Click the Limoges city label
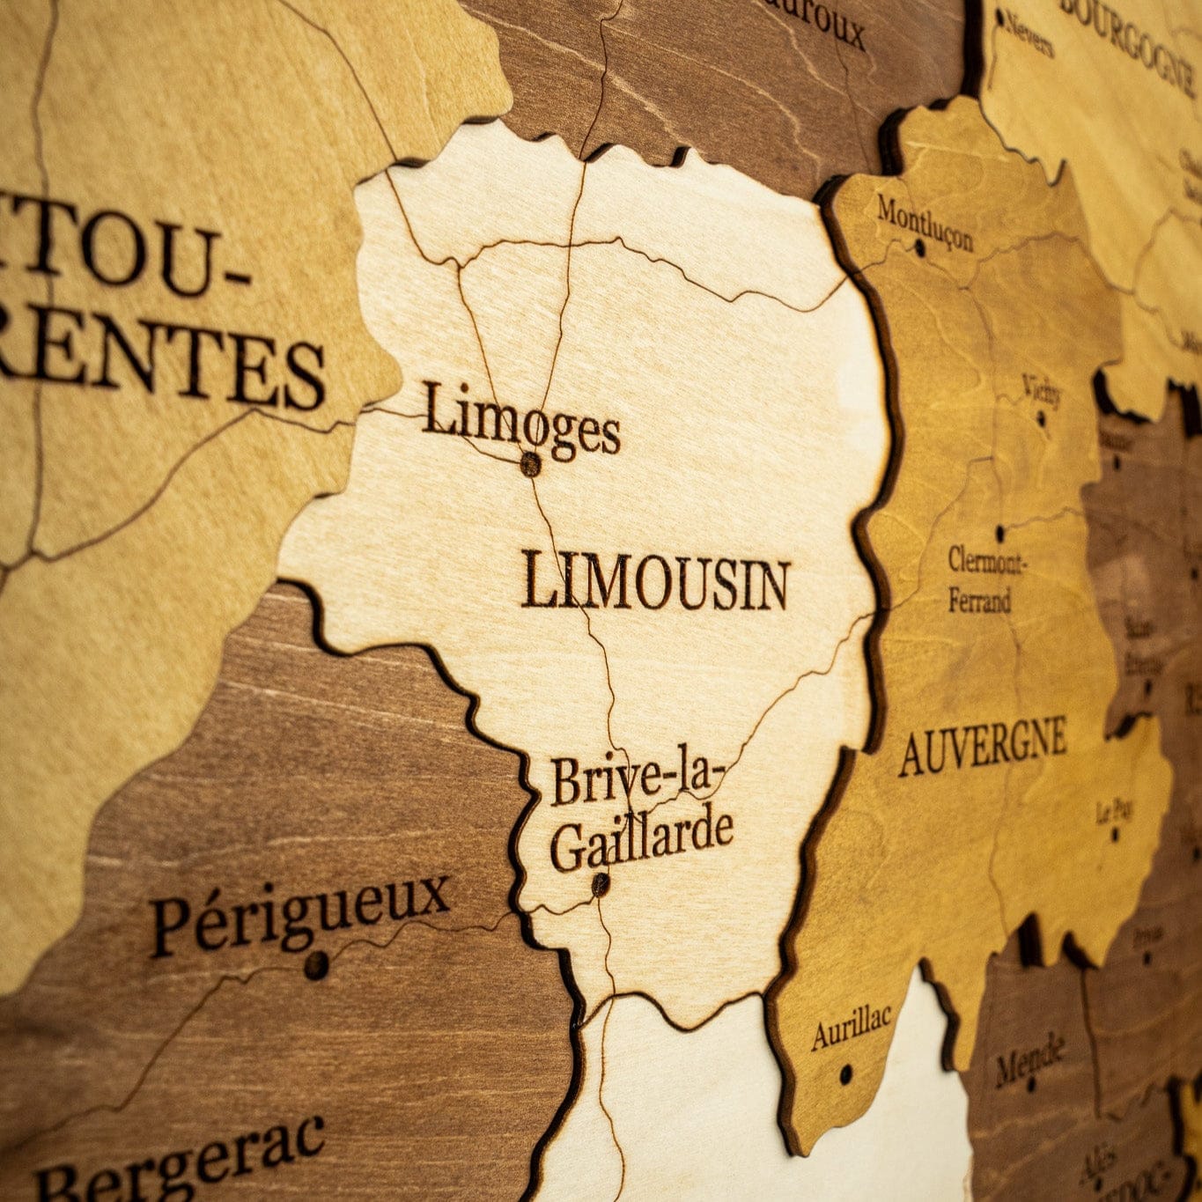coord(521,422)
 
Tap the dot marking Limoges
coord(530,464)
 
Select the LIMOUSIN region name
coord(655,582)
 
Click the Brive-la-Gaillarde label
coord(640,815)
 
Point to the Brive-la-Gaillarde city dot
coord(601,883)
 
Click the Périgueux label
coord(300,913)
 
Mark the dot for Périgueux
coord(315,966)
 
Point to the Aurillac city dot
coord(846,1073)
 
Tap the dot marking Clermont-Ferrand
coord(1000,533)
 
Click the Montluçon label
coord(925,223)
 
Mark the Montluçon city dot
coord(920,248)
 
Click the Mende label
coord(1030,1060)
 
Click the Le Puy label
coord(1114,810)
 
